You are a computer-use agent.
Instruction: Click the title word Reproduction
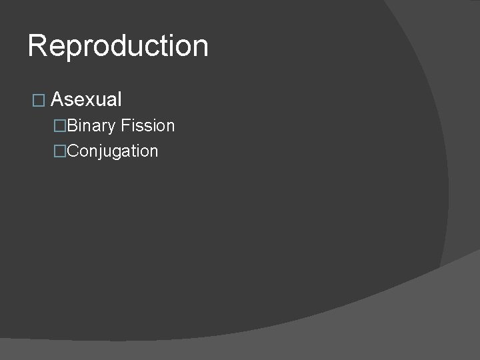coord(118,46)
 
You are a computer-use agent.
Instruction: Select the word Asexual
coord(86,100)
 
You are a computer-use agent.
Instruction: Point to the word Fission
coord(148,126)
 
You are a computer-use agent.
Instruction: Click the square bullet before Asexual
coord(37,101)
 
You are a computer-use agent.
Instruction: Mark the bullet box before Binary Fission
coord(61,126)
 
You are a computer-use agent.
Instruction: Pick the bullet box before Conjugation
coord(61,151)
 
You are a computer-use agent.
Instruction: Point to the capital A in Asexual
coord(57,100)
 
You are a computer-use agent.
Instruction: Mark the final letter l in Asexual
coord(119,100)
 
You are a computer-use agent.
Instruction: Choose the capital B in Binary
coord(73,126)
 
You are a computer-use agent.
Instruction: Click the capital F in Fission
coord(125,126)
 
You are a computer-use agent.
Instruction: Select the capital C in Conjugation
coord(73,151)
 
